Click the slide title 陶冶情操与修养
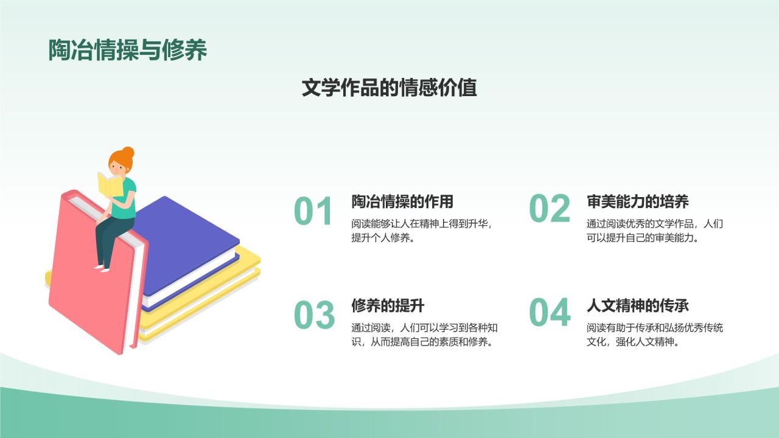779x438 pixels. point(128,50)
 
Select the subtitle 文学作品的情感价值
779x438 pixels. point(389,88)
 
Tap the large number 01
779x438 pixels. point(313,211)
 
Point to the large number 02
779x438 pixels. point(550,208)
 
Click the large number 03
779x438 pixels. point(314,315)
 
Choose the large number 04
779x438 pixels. point(550,312)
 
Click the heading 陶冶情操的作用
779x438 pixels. point(402,201)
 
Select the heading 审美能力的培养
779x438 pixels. point(637,201)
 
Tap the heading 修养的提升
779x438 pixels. point(388,306)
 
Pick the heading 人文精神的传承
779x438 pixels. point(637,306)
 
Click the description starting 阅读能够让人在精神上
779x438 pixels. point(422,231)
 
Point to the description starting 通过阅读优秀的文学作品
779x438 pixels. point(655,231)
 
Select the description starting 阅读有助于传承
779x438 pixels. point(655,335)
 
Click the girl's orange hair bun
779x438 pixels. point(128,152)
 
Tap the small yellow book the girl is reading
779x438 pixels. point(110,184)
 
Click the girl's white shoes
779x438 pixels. point(102,268)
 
